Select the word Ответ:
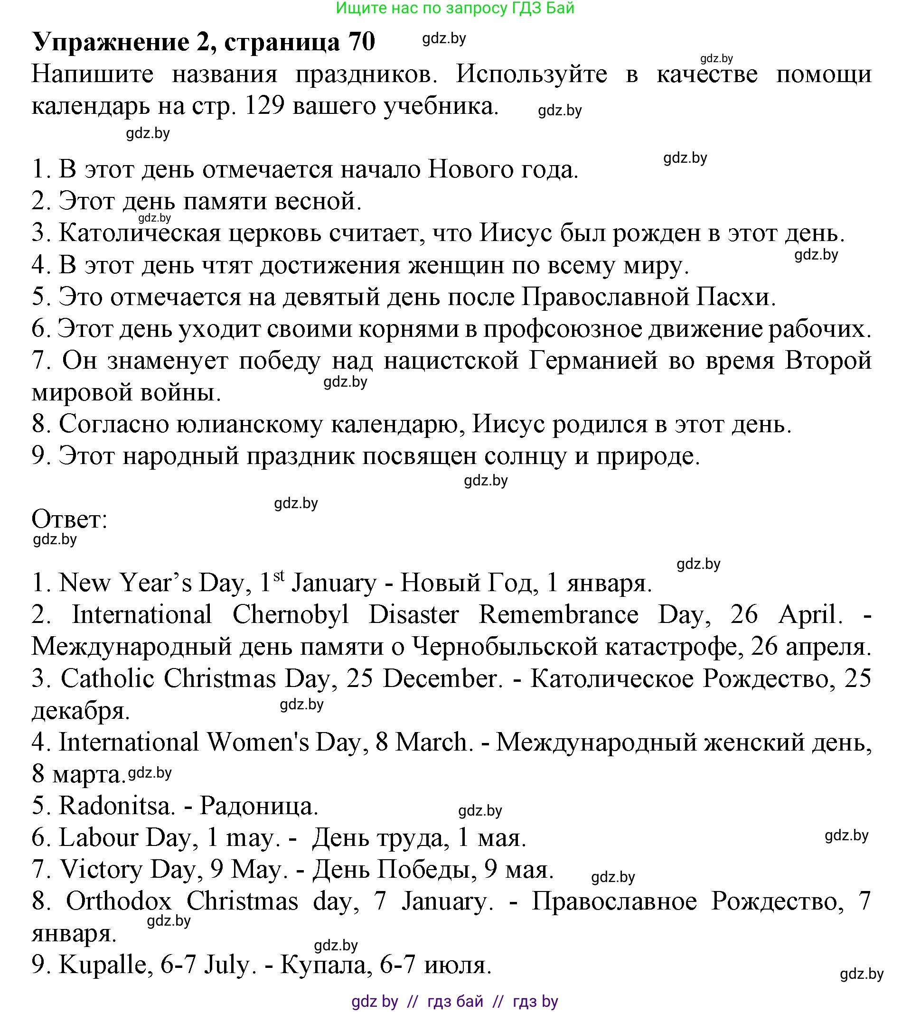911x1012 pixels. (x=70, y=519)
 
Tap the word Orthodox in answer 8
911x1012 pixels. (x=119, y=901)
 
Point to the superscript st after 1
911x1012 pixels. (x=279, y=576)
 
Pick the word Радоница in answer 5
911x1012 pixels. (x=259, y=806)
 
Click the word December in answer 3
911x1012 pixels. (x=443, y=679)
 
